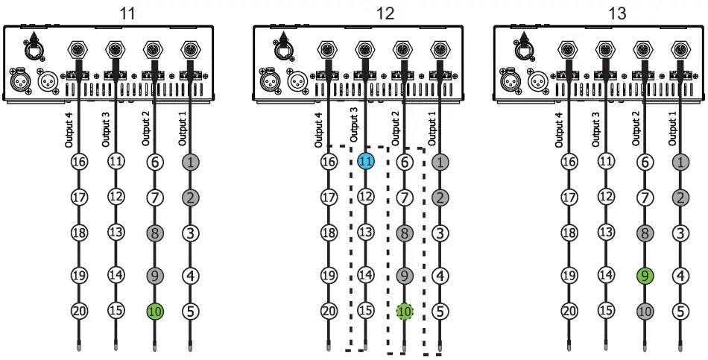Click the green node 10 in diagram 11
coord(154,312)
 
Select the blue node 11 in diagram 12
coord(365,161)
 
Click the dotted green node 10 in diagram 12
coord(403,312)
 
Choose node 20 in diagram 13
coord(570,312)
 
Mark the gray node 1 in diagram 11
coord(190,161)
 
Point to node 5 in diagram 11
coord(190,312)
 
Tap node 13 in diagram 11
coord(116,233)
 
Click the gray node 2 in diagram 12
coord(440,198)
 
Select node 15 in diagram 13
coord(606,312)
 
